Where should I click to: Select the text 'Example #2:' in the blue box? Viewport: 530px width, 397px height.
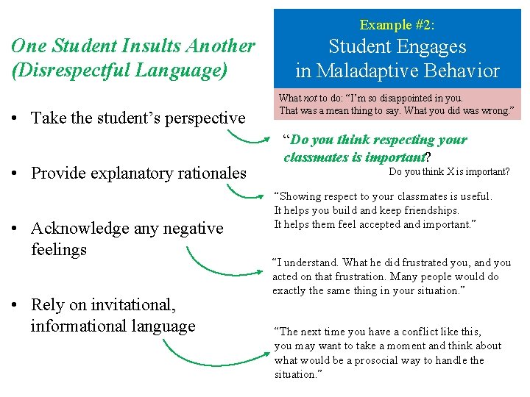[397, 25]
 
